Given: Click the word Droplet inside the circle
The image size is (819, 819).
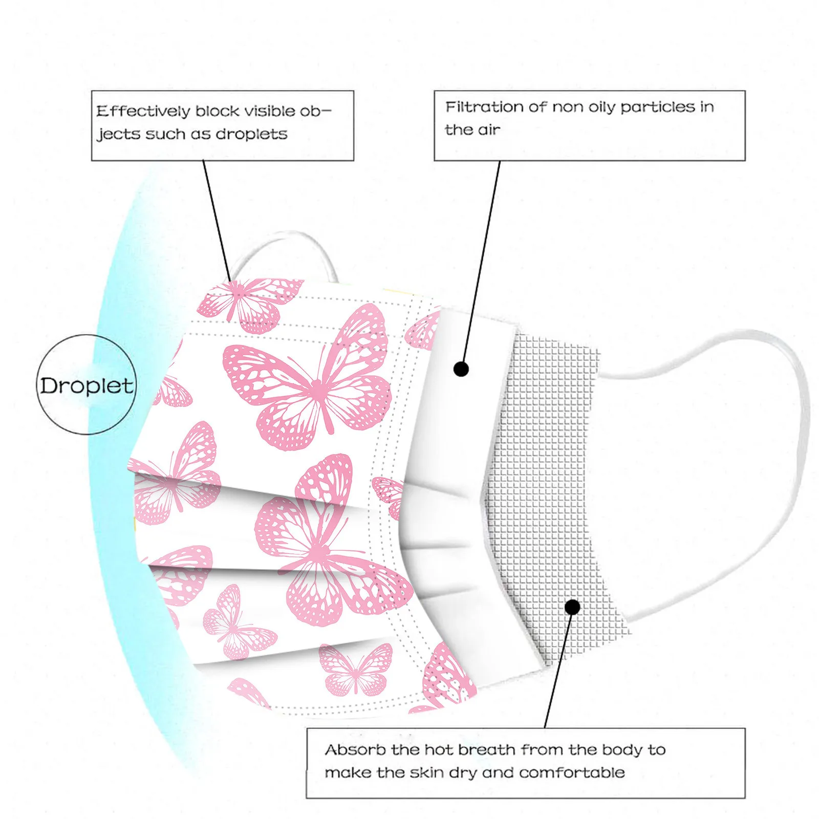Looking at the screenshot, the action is point(87,386).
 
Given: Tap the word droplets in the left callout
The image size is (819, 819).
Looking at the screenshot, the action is point(251,134).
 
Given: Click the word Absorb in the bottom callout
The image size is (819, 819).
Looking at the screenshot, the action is point(355,750).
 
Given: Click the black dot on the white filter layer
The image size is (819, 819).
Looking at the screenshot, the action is point(461,369).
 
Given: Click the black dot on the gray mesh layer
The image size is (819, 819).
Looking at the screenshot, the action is point(573,607).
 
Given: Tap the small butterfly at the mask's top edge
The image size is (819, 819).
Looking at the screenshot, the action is point(246,302).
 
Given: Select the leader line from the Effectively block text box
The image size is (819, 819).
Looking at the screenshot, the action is point(218,220).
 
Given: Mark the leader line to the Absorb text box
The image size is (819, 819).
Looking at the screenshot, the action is point(558,671).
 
